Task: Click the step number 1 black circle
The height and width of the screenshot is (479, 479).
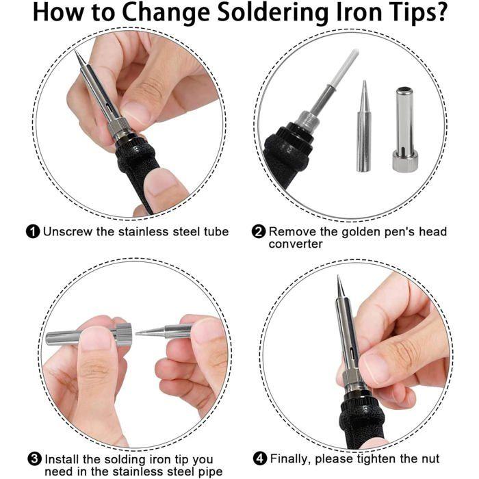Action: pyautogui.click(x=33, y=232)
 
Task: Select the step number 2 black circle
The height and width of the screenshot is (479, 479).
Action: pyautogui.click(x=259, y=232)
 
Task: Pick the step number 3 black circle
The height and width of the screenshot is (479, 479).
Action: pyautogui.click(x=34, y=459)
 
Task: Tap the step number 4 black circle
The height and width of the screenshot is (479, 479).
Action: pyautogui.click(x=260, y=459)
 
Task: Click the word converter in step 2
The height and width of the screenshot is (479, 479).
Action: pyautogui.click(x=296, y=244)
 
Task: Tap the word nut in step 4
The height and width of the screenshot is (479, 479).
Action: pyautogui.click(x=429, y=459)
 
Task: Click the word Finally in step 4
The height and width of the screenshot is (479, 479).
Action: pyautogui.click(x=291, y=459)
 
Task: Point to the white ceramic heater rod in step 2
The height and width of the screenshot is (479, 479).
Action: pyautogui.click(x=346, y=70)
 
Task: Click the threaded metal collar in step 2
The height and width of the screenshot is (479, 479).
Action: pyautogui.click(x=307, y=122)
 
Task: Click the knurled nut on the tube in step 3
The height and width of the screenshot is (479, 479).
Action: pyautogui.click(x=123, y=335)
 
